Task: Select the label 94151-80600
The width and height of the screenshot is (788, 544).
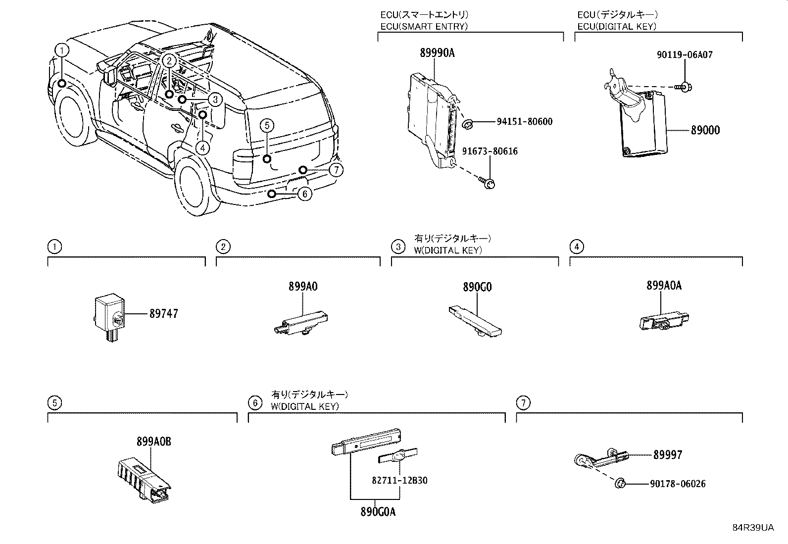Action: pos(524,122)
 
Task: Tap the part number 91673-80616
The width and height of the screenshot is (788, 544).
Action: pos(490,151)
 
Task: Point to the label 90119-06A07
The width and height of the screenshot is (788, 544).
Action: pos(685,55)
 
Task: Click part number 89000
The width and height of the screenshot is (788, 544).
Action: pos(705,130)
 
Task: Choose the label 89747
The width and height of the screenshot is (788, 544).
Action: pos(163,314)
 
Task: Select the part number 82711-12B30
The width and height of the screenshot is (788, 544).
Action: pos(399,481)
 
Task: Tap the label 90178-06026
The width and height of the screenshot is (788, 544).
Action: pos(678,484)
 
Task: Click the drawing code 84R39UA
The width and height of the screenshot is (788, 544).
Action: pos(753,528)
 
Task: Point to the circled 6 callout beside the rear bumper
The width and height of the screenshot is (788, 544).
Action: pos(305,194)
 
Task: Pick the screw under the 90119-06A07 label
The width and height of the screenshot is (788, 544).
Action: pos(684,88)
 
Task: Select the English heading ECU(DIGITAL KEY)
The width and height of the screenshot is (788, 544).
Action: pos(617,27)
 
